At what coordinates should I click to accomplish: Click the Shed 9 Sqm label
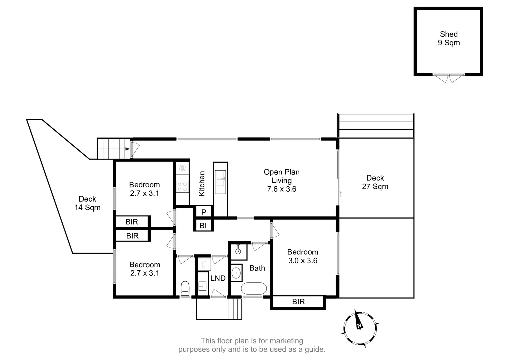coord(449,38)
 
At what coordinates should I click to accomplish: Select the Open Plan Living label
coord(282,176)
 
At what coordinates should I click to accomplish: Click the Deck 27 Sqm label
coord(375,182)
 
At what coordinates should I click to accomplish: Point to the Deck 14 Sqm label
coord(87,203)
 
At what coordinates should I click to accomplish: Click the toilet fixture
coord(185,288)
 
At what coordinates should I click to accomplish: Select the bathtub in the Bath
coord(254,289)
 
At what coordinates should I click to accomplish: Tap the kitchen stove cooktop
coord(182,187)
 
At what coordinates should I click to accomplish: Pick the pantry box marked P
coord(204,212)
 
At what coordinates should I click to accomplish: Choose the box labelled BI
coord(203,226)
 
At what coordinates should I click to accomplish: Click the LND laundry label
coord(218,278)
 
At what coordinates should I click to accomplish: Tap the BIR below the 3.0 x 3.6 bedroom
coord(298,302)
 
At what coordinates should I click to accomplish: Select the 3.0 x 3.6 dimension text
coord(303,261)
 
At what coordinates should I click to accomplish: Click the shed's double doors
coord(448,78)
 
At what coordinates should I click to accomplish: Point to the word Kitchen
coord(202,184)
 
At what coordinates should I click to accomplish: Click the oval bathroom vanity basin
coord(236,273)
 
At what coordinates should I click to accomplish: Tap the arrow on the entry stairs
coord(127,149)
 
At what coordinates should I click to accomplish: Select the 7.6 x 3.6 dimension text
coord(282,189)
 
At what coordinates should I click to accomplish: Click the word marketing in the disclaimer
coord(286,341)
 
